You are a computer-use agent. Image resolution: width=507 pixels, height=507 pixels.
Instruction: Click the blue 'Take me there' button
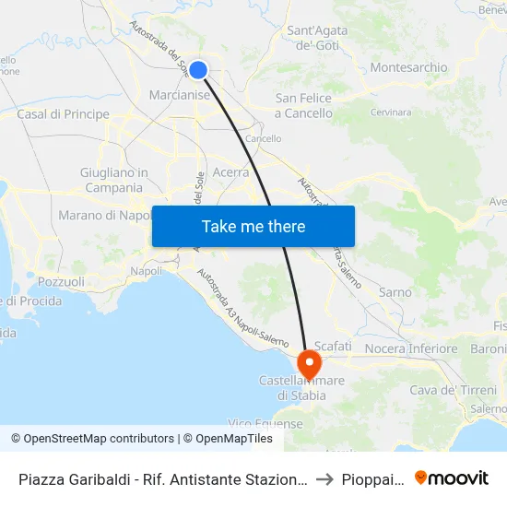click(253, 226)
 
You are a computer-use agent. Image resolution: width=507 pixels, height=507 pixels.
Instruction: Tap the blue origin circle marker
click(197, 69)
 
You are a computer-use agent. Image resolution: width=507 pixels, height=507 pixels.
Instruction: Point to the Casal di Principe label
click(63, 114)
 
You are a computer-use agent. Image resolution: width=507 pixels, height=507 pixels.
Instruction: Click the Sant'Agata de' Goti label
click(318, 38)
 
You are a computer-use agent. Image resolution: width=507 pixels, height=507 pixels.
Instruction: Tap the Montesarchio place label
click(408, 67)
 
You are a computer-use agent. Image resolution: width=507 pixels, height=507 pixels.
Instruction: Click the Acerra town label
click(230, 171)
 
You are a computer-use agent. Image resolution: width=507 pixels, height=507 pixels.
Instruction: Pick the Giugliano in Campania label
click(114, 180)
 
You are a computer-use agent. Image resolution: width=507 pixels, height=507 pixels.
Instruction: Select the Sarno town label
click(395, 292)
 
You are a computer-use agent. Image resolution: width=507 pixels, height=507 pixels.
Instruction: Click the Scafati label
click(333, 345)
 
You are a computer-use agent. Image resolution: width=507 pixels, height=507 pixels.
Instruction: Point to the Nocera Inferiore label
click(411, 348)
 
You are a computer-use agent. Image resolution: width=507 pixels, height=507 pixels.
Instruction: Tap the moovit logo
click(452, 478)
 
